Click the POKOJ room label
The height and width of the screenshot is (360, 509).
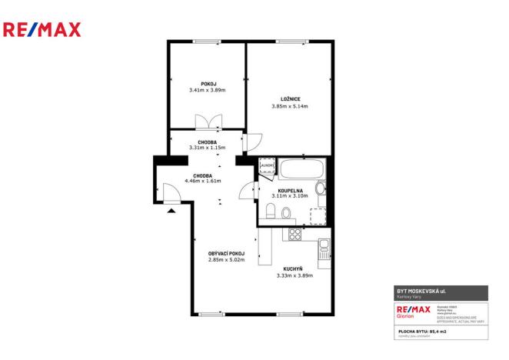(208, 83)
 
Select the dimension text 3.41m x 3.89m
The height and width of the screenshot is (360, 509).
(208, 90)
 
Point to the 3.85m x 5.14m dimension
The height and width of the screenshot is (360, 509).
(289, 106)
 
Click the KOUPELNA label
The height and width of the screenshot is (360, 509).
(291, 189)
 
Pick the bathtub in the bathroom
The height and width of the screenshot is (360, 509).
(302, 168)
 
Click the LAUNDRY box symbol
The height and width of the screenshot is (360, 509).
(266, 165)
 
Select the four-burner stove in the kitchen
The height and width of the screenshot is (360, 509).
(294, 232)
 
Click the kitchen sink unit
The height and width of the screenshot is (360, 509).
(324, 248)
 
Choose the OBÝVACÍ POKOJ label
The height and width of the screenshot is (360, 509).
(226, 253)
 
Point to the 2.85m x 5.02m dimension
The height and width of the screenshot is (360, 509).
(226, 260)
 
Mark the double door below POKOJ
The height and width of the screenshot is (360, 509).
(208, 122)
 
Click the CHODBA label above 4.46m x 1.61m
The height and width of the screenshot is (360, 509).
(202, 175)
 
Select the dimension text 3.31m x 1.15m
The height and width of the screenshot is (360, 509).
(207, 148)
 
